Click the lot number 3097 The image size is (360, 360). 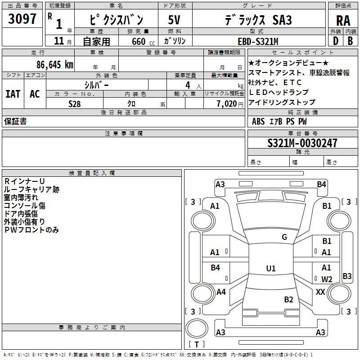pos(22,19)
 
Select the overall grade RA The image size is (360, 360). pos(343,21)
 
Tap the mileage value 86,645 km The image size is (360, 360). pos(55,65)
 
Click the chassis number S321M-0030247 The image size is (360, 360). pos(302,143)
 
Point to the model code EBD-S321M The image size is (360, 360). pos(258,41)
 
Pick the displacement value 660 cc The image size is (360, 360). pos(143,42)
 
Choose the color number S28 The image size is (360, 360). pos(75,104)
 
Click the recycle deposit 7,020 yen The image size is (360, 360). pos(230,104)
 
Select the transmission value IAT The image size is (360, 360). pos(13,94)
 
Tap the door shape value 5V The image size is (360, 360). pos(174,20)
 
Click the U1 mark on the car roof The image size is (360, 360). pos(271,268)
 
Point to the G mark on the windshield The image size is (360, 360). pos(284,237)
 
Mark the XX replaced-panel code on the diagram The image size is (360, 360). pos(320,292)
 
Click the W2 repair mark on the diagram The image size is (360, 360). pos(327,279)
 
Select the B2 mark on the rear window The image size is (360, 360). pos(288,299)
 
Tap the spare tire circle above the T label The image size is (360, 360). pos(197,328)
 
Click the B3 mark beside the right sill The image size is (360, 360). pos(347,276)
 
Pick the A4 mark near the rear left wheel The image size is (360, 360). pos(221,292)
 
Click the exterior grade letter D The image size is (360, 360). pos(336,41)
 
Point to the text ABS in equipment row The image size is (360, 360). pos(258,121)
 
